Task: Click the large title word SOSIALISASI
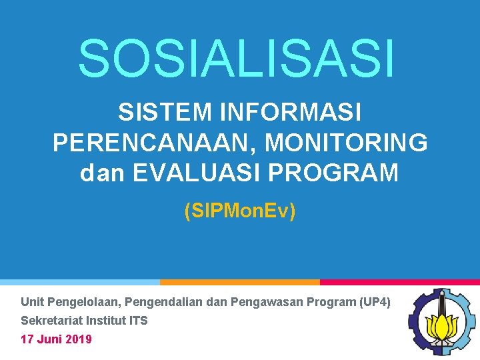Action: pos(237,58)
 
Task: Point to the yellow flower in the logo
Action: pos(441,326)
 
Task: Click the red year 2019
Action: pos(79,339)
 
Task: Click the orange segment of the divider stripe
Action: pos(240,282)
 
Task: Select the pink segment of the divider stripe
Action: pos(400,282)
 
